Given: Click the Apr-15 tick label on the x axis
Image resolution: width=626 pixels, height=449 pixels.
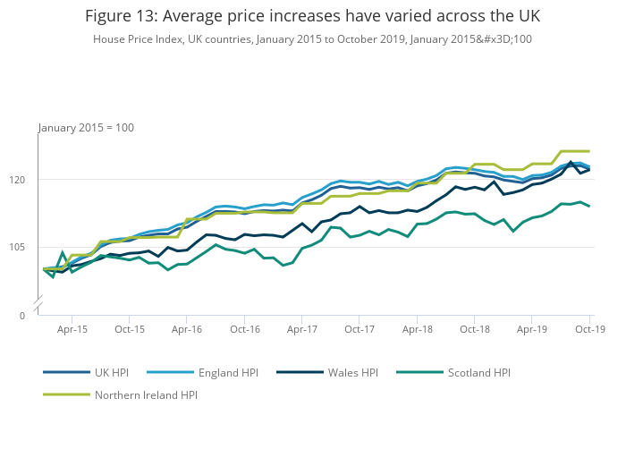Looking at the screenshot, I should pyautogui.click(x=72, y=329).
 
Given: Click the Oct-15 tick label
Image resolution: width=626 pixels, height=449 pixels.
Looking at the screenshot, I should pyautogui.click(x=130, y=329).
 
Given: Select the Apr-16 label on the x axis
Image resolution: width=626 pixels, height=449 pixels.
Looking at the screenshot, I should pyautogui.click(x=187, y=329).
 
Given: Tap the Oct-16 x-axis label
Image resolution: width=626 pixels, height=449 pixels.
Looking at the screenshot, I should pyautogui.click(x=245, y=329).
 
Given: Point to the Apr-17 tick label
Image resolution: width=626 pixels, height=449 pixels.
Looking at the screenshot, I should pyautogui.click(x=302, y=329).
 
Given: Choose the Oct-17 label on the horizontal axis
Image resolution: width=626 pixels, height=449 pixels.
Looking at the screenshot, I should pyautogui.click(x=360, y=329).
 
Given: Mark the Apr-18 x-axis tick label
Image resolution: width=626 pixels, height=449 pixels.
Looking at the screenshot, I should pyautogui.click(x=418, y=329).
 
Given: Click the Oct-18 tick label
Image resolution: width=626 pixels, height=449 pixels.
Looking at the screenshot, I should pyautogui.click(x=475, y=329).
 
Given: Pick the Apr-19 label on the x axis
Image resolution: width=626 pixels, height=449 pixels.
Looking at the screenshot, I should pyautogui.click(x=532, y=329).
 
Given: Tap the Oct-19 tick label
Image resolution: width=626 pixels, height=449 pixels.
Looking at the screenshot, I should pyautogui.click(x=590, y=329).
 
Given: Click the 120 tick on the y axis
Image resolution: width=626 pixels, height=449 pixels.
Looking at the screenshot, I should pyautogui.click(x=30, y=180).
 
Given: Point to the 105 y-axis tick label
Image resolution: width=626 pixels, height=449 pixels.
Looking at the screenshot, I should pyautogui.click(x=30, y=247).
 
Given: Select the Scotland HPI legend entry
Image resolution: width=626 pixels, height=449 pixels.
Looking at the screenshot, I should pyautogui.click(x=476, y=372).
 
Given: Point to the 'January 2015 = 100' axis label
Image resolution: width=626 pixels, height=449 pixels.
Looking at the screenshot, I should pyautogui.click(x=86, y=128).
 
